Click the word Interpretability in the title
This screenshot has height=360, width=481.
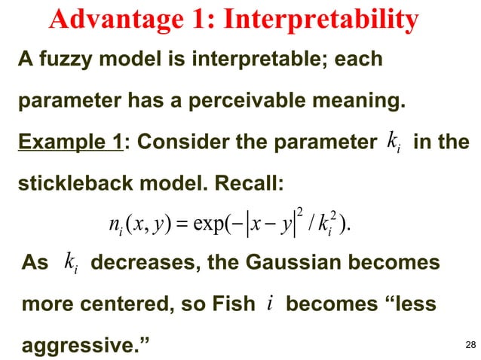click(321, 20)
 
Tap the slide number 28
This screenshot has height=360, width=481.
click(471, 345)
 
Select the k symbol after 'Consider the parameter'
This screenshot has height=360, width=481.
click(391, 141)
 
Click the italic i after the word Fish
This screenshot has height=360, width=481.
click(270, 304)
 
